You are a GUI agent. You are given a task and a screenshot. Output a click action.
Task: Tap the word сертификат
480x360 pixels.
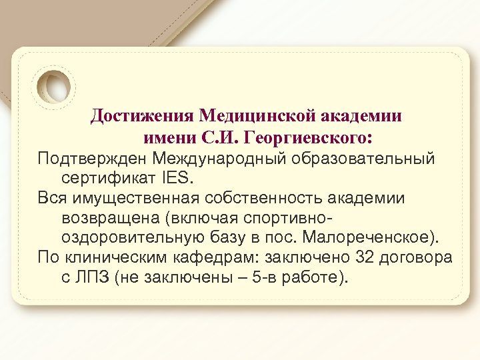[108, 179]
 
